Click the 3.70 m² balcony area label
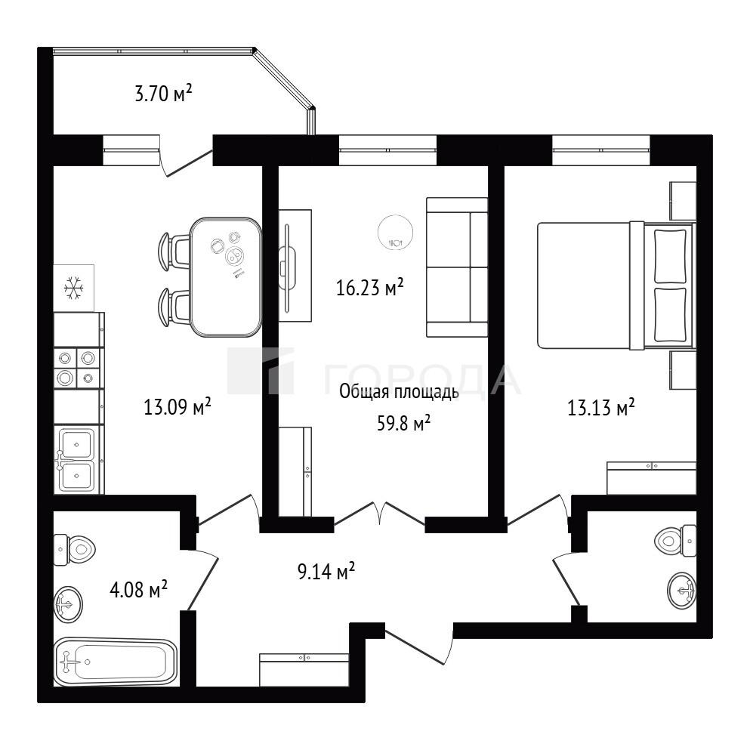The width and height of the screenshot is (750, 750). pyautogui.click(x=164, y=93)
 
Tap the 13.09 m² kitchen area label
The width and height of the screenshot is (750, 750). pyautogui.click(x=177, y=407)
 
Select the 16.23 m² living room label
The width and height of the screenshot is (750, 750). pyautogui.click(x=370, y=287)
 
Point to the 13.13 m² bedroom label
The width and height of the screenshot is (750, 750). pyautogui.click(x=600, y=408)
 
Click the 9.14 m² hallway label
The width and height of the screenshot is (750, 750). pyautogui.click(x=326, y=571)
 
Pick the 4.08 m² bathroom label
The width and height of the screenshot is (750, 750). pyautogui.click(x=138, y=589)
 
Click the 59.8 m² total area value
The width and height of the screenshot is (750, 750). pyautogui.click(x=403, y=423)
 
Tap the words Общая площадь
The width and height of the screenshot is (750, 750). pyautogui.click(x=399, y=392)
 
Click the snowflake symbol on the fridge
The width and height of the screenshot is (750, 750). pyautogui.click(x=74, y=288)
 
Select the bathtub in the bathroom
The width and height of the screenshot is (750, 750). pyautogui.click(x=116, y=662)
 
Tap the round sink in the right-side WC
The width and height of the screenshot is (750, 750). pyautogui.click(x=681, y=590)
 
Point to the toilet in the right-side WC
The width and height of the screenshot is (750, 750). pyautogui.click(x=675, y=541)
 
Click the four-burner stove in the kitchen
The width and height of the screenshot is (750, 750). pyautogui.click(x=78, y=368)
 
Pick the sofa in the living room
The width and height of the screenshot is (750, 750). pyautogui.click(x=457, y=267)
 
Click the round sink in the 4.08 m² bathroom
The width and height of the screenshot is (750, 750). pyautogui.click(x=69, y=604)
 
